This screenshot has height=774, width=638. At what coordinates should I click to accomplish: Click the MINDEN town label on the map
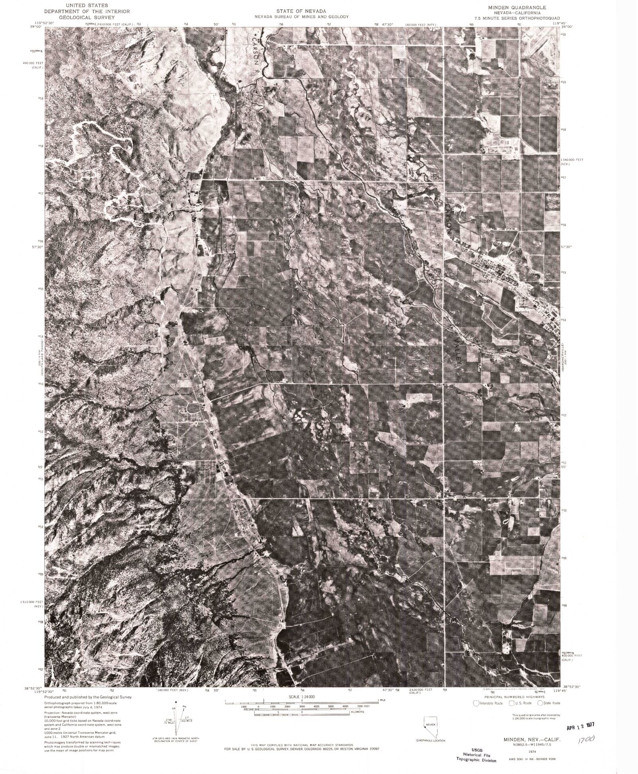pyautogui.click(x=484, y=281)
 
